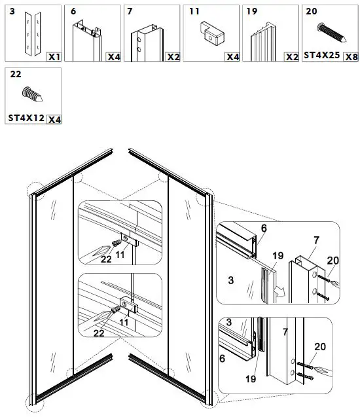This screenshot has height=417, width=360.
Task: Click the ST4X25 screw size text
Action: click(x=321, y=56)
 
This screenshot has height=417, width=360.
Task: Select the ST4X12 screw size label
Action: click(x=25, y=118)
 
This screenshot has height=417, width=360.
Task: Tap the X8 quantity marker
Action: click(x=351, y=56)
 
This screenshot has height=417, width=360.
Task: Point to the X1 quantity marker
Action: click(x=54, y=57)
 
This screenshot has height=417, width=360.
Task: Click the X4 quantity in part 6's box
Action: click(x=114, y=57)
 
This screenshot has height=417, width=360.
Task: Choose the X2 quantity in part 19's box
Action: click(x=291, y=57)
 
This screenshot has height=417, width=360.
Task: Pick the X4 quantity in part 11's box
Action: click(x=232, y=57)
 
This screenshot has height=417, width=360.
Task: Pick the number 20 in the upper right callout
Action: click(x=333, y=261)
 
